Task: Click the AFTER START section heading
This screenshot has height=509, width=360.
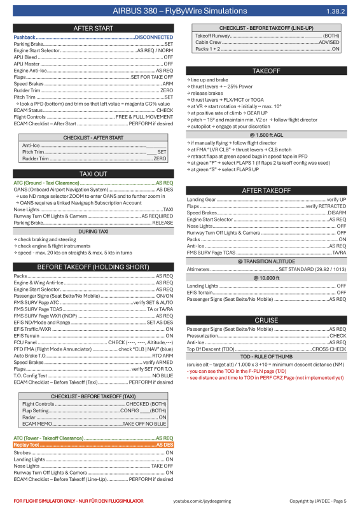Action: [93, 29]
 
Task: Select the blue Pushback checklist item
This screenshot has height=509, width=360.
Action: [25, 38]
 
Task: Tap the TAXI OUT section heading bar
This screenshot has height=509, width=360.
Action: [93, 174]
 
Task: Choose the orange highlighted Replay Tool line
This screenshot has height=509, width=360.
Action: [93, 445]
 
